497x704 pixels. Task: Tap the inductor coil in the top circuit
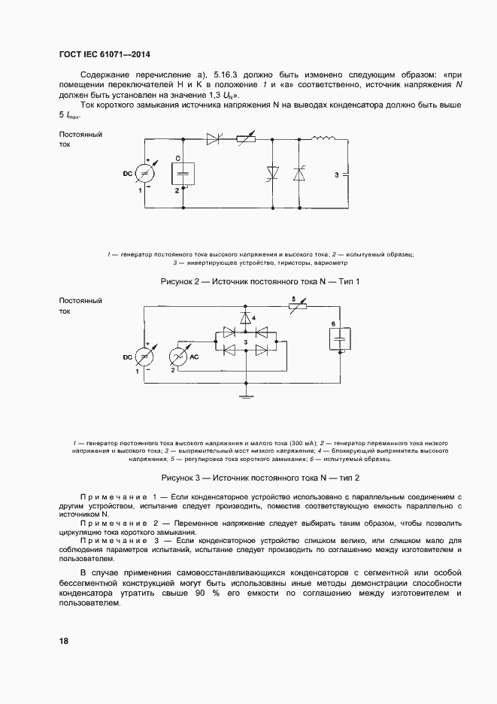point(326,138)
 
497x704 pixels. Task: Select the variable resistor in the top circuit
point(245,139)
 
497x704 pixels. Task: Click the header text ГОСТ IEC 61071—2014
point(110,54)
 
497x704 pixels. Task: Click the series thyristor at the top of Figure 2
point(213,139)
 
